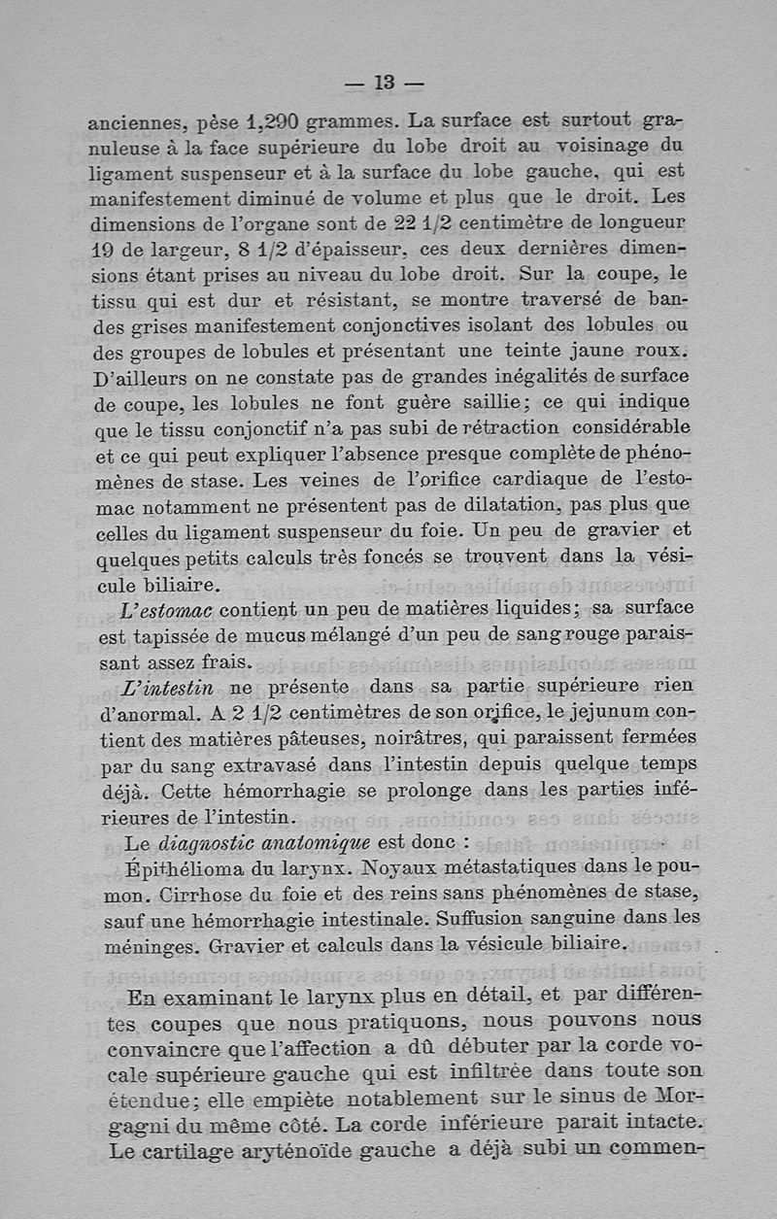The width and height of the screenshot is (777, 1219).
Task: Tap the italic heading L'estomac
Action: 167,610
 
